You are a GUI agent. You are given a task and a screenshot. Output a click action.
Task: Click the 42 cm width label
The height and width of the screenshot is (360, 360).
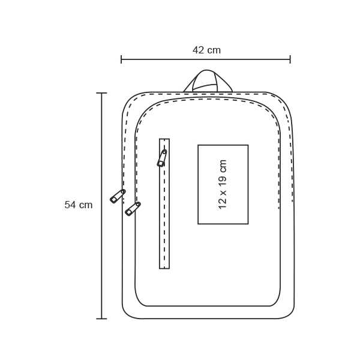[x=206, y=50]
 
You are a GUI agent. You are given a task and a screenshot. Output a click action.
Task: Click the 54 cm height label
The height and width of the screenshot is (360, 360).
[x=79, y=205]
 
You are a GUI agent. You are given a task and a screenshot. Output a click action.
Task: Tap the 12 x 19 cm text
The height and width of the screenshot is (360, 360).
[x=223, y=184]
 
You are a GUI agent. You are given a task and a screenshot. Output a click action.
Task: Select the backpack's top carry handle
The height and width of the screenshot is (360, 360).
[x=208, y=81]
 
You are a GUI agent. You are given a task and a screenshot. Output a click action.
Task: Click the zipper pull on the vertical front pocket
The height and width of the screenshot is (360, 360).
[x=162, y=158]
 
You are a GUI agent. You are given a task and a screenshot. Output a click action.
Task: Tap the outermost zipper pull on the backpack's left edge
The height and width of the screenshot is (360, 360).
[x=118, y=196]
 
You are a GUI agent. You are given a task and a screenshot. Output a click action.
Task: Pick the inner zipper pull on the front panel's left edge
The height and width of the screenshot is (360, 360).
[x=133, y=209]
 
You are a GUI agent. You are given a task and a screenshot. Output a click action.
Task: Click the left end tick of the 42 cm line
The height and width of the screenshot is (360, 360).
[x=121, y=59]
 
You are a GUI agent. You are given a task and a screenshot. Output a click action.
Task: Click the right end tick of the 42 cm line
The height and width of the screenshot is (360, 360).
[x=290, y=59]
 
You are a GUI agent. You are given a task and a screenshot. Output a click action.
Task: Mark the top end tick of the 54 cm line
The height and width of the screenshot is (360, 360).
[x=101, y=93]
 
